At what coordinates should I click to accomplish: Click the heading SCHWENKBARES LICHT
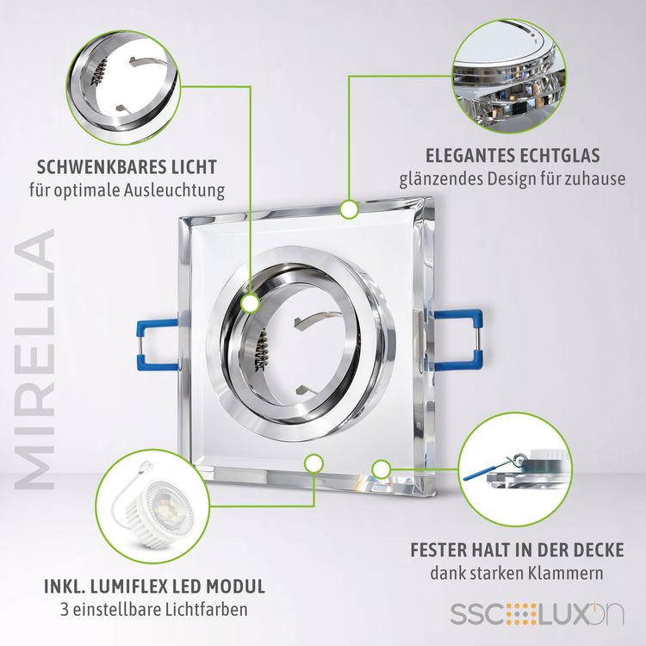[127, 167]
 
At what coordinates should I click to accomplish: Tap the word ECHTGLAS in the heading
[560, 156]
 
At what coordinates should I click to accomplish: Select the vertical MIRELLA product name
[35, 359]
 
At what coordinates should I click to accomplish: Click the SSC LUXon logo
[537, 614]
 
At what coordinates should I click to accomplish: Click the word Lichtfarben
[207, 609]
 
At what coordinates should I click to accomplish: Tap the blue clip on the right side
[457, 340]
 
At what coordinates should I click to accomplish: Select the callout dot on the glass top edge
[349, 209]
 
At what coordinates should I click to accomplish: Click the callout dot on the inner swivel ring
[250, 304]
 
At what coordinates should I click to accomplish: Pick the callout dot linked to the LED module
[314, 464]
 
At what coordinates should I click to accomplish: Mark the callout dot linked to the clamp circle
[381, 469]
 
